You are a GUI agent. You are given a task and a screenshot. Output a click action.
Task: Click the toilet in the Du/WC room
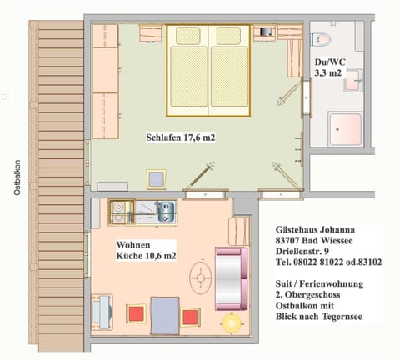[322, 41]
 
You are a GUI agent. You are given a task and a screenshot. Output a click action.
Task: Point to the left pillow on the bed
[188, 36]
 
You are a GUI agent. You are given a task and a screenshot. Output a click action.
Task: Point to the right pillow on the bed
[228, 36]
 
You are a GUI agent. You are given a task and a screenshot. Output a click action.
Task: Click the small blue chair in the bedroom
[156, 178]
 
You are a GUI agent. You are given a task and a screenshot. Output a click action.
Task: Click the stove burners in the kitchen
[118, 212]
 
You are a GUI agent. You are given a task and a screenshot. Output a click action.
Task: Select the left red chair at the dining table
[134, 314]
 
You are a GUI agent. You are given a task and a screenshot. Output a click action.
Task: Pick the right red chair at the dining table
[189, 317]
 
